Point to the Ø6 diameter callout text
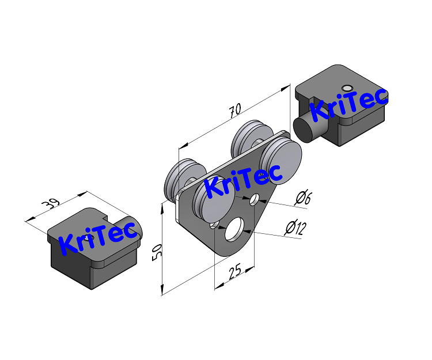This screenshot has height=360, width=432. pyautogui.click(x=303, y=199)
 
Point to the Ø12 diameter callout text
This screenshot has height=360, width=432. pyautogui.click(x=295, y=228)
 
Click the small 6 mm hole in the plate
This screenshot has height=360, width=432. pyautogui.click(x=253, y=200)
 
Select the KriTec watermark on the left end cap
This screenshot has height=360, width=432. pyautogui.click(x=100, y=237)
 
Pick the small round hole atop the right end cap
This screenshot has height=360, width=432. pyautogui.click(x=346, y=88)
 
